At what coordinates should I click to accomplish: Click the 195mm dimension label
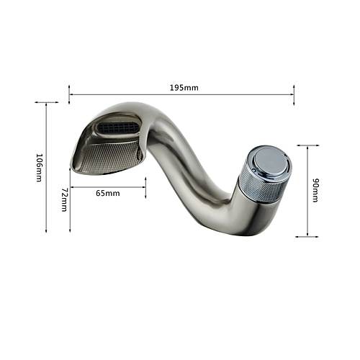coord(184,88)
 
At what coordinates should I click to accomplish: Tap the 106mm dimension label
coord(39,168)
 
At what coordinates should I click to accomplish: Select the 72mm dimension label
coord(65,199)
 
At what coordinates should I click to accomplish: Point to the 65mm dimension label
coord(108,193)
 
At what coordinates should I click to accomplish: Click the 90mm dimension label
coord(315,190)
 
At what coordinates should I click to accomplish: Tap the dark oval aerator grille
coord(118,127)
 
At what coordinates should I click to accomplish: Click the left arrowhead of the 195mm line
coord(71,94)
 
